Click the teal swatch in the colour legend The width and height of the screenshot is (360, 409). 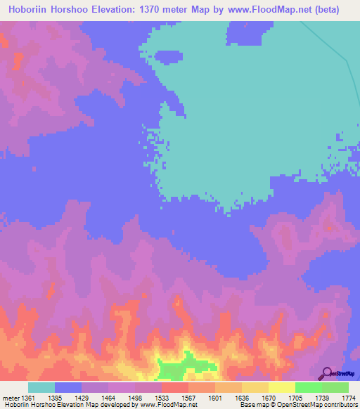[x=41, y=387]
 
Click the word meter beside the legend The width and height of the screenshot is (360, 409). [x=12, y=398]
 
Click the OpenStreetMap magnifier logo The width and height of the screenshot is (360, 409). [x=326, y=373]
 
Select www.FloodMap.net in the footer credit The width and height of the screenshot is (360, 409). [x=169, y=405]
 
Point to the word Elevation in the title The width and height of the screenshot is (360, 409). [x=116, y=10]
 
